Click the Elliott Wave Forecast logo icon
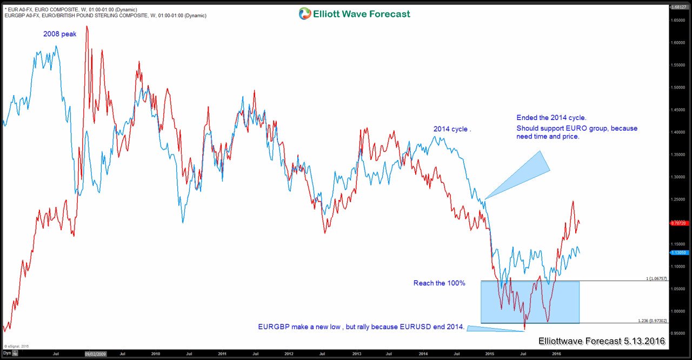tap(305, 14)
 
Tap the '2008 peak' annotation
tap(60, 34)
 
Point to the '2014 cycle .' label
tap(453, 129)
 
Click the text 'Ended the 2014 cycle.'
tap(551, 117)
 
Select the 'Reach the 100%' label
tap(439, 283)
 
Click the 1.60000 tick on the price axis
tap(678, 43)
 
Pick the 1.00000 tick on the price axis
tap(678, 311)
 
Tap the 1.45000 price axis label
tap(678, 110)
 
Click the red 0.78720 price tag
tap(678, 223)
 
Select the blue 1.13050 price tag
tap(678, 252)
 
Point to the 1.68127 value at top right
tap(678, 7)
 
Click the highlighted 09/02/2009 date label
tap(96, 354)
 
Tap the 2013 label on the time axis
tap(357, 354)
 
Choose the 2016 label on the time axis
tap(556, 354)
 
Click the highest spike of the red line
tap(87, 26)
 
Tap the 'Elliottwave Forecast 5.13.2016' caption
tap(602, 341)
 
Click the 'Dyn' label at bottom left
tap(6, 353)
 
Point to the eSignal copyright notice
tap(16, 346)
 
